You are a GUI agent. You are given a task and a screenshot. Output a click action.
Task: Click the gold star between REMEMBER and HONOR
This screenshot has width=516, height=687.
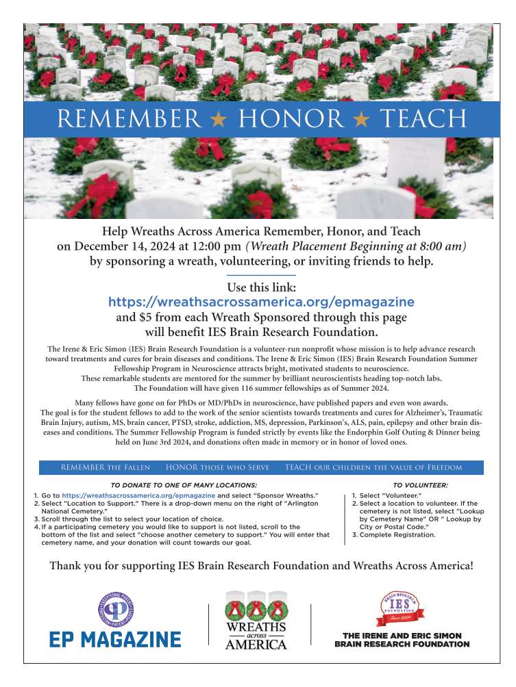click(219, 119)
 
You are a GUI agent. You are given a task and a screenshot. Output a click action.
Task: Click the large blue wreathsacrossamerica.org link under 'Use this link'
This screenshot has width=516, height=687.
click(261, 302)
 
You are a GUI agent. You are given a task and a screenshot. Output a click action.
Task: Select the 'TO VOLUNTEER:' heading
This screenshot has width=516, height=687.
click(420, 484)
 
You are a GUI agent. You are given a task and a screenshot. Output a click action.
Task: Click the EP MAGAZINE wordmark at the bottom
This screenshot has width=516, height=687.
click(115, 640)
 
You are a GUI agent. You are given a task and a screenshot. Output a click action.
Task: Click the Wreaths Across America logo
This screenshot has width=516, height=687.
click(256, 619)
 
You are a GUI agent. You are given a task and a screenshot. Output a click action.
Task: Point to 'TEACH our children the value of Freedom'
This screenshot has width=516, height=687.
click(373, 467)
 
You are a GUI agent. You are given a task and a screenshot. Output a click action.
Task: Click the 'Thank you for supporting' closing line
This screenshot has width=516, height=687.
click(261, 566)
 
